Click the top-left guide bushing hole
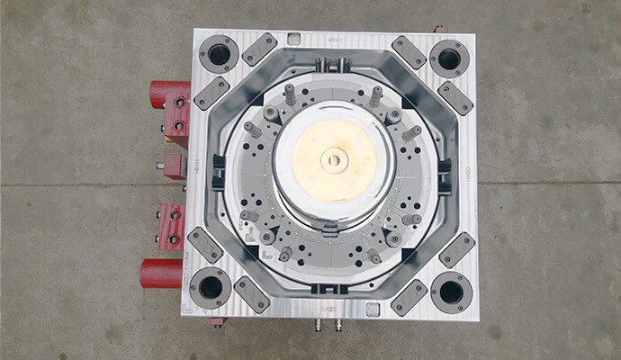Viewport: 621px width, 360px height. [x=219, y=55]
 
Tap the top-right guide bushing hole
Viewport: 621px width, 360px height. [x=448, y=58]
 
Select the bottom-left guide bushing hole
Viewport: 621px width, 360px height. [x=210, y=287]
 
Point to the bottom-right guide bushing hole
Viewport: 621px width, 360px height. [x=450, y=291]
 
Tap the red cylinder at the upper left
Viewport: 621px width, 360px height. [x=166, y=93]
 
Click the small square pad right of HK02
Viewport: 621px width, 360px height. [x=371, y=308]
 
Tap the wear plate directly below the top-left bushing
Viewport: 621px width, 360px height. [x=211, y=92]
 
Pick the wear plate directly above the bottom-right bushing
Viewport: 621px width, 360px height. [x=456, y=249]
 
